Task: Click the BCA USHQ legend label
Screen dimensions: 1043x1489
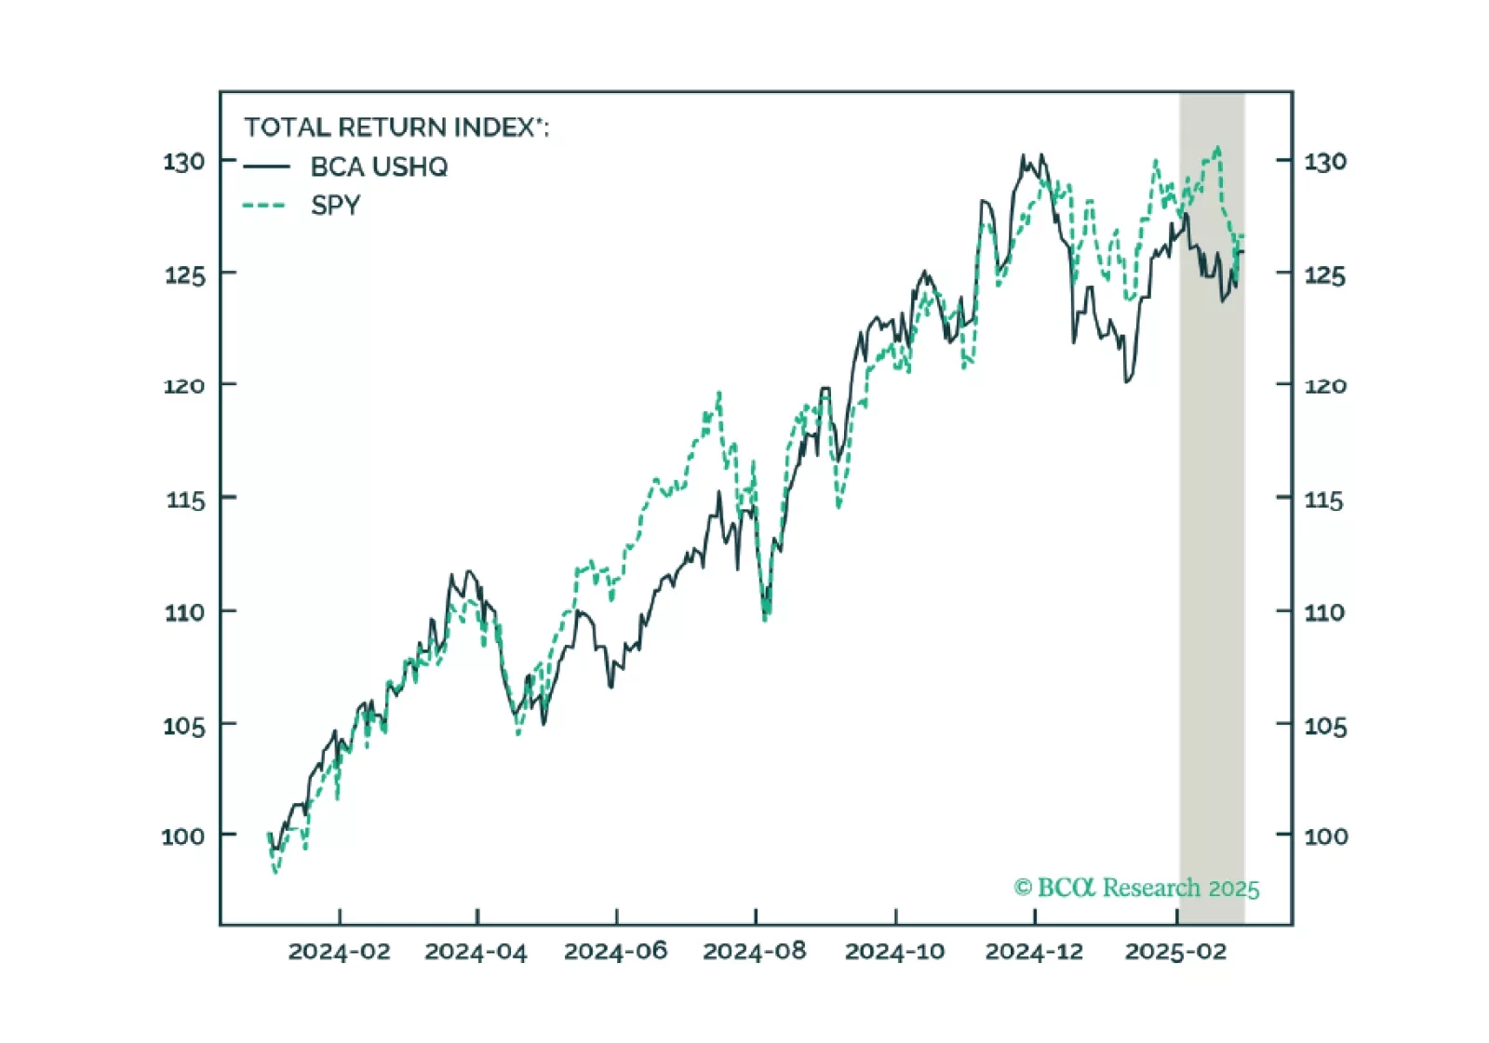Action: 379,167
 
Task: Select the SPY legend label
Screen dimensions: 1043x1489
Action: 335,206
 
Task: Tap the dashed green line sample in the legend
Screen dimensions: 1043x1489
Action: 264,206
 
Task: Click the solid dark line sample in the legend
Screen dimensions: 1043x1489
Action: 266,167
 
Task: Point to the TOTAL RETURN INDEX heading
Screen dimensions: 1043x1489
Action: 396,127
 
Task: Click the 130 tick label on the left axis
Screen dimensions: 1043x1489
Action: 184,162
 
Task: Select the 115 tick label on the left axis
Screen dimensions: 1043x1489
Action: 184,500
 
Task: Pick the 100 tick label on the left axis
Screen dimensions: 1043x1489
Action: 183,836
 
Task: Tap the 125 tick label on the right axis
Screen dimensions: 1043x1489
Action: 1324,275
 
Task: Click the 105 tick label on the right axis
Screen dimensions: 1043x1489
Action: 1325,726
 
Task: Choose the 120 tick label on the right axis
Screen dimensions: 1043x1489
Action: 1325,385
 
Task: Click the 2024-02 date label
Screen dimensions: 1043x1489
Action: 339,952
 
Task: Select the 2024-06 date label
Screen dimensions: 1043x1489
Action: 615,952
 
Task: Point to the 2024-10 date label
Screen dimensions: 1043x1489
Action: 894,952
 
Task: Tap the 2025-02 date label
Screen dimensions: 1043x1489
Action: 1175,952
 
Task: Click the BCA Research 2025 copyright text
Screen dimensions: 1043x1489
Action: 1136,888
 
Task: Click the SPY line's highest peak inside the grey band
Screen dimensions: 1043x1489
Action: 1217,147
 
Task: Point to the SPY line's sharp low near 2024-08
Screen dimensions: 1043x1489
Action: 765,619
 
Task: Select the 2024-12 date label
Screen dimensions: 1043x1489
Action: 1034,952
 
